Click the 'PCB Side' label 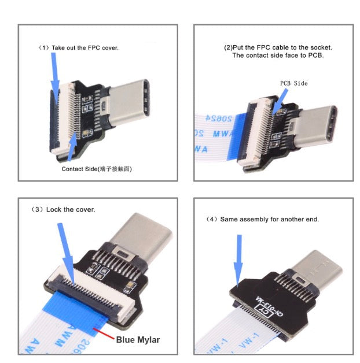[293, 83]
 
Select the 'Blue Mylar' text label [138, 339]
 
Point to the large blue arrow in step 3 [64, 249]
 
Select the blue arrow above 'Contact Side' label [72, 145]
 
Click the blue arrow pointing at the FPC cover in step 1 [55, 72]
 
